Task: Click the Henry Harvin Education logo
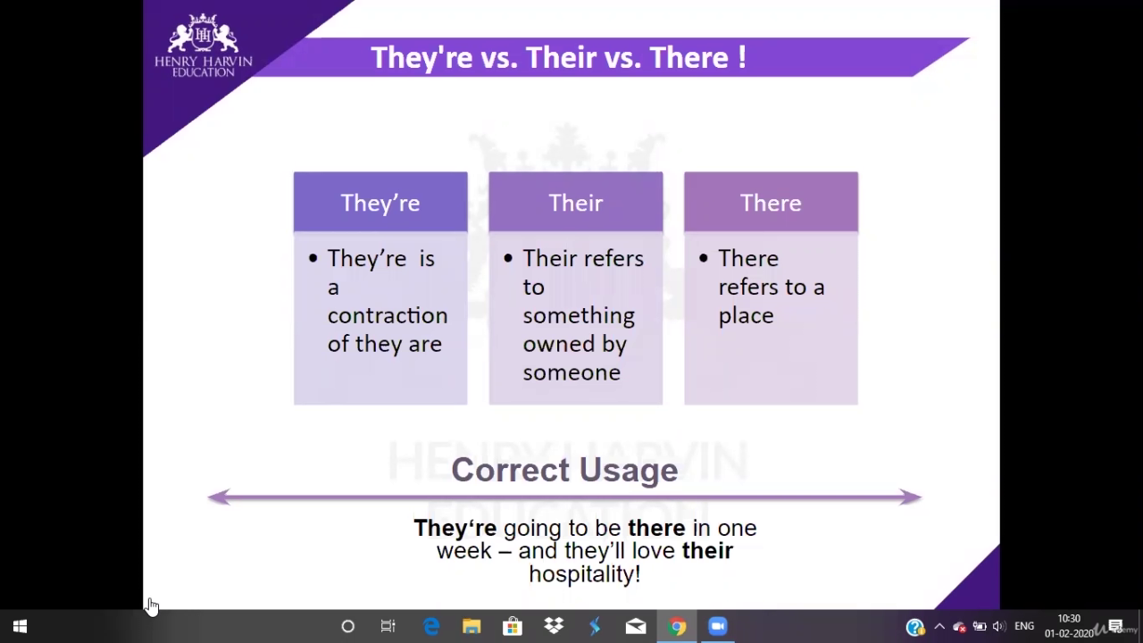coord(203,46)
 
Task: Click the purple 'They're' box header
coord(380,202)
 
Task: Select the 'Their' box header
coord(576,202)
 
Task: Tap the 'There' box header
coord(771,202)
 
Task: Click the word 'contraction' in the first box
coord(388,315)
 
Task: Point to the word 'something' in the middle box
coord(579,316)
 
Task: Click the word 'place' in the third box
coord(746,316)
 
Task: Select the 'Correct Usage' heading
coord(564,470)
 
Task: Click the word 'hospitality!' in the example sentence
coord(585,574)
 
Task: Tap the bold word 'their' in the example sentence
coord(707,551)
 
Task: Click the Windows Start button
coord(20,626)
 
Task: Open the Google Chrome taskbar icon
coord(677,626)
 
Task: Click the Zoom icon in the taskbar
coord(717,626)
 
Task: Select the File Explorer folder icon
coord(471,626)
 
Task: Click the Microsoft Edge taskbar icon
coord(431,626)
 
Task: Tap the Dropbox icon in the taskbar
coord(554,626)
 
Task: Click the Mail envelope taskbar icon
coord(636,626)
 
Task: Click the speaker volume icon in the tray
coord(999,626)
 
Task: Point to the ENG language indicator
coord(1024,626)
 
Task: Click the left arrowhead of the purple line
coord(219,497)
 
